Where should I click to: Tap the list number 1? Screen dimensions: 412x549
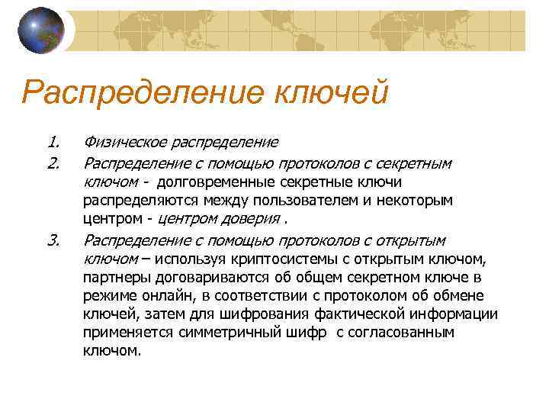click(53, 142)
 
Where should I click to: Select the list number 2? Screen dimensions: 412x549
click(53, 163)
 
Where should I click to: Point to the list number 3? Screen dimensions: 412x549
click(53, 241)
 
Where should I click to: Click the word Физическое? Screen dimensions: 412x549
click(123, 143)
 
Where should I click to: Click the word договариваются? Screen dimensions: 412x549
click(197, 278)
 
